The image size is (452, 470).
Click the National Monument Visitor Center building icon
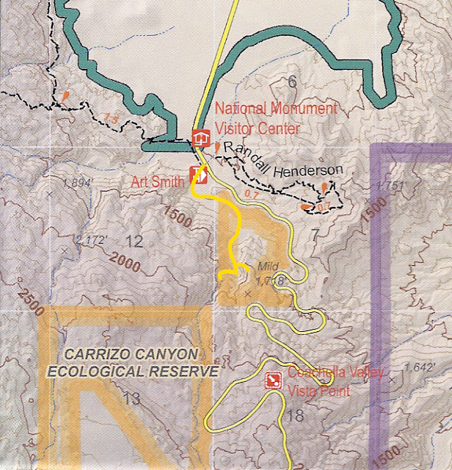(x=200, y=138)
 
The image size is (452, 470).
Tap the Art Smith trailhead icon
(x=199, y=175)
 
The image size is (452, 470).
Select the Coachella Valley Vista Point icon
(x=273, y=380)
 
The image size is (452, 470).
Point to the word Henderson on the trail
(x=307, y=171)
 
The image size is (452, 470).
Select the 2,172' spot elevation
(x=91, y=239)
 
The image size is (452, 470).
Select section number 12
(x=134, y=241)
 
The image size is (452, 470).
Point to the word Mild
(x=268, y=267)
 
